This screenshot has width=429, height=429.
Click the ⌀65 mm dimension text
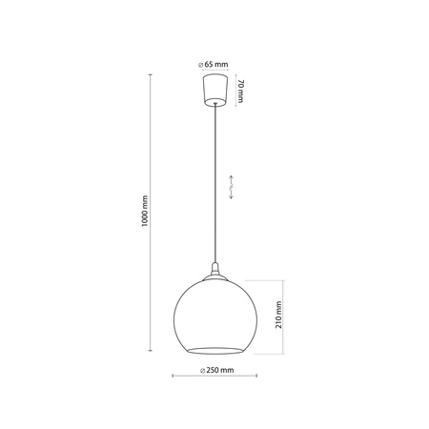click(x=213, y=63)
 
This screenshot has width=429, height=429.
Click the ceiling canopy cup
click(x=213, y=92)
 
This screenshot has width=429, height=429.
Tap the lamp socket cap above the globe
click(x=214, y=268)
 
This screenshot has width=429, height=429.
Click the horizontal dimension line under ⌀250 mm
click(x=214, y=377)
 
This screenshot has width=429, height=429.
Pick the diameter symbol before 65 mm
click(x=199, y=63)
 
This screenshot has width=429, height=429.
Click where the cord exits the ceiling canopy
click(x=213, y=107)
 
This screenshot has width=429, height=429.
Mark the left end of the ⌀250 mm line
click(x=173, y=377)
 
